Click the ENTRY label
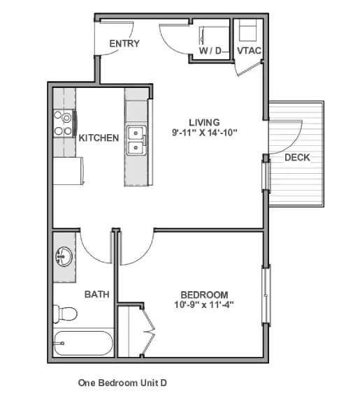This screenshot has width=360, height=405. tap(124, 43)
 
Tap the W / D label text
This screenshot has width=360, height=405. tap(210, 50)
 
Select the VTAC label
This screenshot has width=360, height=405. tap(249, 50)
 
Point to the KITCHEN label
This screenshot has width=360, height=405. tap(99, 138)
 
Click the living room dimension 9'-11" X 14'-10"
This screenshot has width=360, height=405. tap(205, 133)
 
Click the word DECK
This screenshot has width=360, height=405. tap(297, 157)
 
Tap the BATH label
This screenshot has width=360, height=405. tap(97, 294)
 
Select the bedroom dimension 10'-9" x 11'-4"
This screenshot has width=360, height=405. tap(204, 304)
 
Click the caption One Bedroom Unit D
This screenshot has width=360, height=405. tap(122, 383)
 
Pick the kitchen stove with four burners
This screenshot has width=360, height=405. tap(64, 124)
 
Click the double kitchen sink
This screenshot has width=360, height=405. tap(136, 140)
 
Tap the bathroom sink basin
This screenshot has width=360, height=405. tap(64, 257)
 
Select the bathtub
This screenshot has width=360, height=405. tap(83, 343)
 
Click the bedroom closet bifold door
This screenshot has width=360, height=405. tap(148, 331)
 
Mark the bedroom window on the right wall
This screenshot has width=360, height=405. tap(266, 295)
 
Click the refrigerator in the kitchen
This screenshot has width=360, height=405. tap(69, 171)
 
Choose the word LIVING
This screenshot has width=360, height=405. tap(205, 122)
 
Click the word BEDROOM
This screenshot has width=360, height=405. tap(204, 295)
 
